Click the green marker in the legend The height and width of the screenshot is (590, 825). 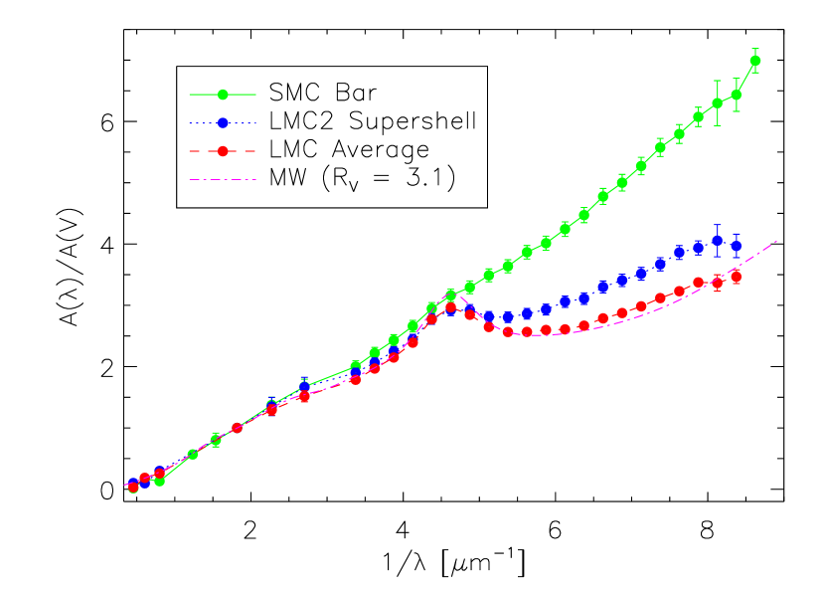tap(223, 95)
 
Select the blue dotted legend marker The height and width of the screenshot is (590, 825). tap(223, 123)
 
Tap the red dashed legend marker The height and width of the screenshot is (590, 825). tap(223, 151)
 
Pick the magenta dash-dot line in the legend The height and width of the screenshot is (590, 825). tap(223, 180)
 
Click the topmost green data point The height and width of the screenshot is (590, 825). tap(755, 61)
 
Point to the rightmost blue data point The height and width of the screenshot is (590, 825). tap(736, 245)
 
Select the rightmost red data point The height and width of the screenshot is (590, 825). tap(737, 278)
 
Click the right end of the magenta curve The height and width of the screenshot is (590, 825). tap(776, 241)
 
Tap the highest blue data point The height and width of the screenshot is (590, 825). tap(717, 241)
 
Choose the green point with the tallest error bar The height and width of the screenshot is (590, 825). tap(717, 103)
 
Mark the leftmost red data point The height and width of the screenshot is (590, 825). tap(133, 488)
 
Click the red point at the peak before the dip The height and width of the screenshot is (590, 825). tap(450, 307)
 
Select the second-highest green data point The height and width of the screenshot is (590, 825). tap(736, 96)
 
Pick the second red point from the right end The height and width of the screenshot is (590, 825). tap(717, 284)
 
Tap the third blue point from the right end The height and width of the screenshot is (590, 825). tap(698, 248)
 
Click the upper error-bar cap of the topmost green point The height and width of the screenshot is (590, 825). tap(755, 49)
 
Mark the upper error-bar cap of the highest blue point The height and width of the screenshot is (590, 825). tap(717, 225)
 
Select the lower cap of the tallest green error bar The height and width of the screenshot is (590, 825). tap(717, 125)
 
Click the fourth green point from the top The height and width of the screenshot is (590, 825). tap(698, 116)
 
